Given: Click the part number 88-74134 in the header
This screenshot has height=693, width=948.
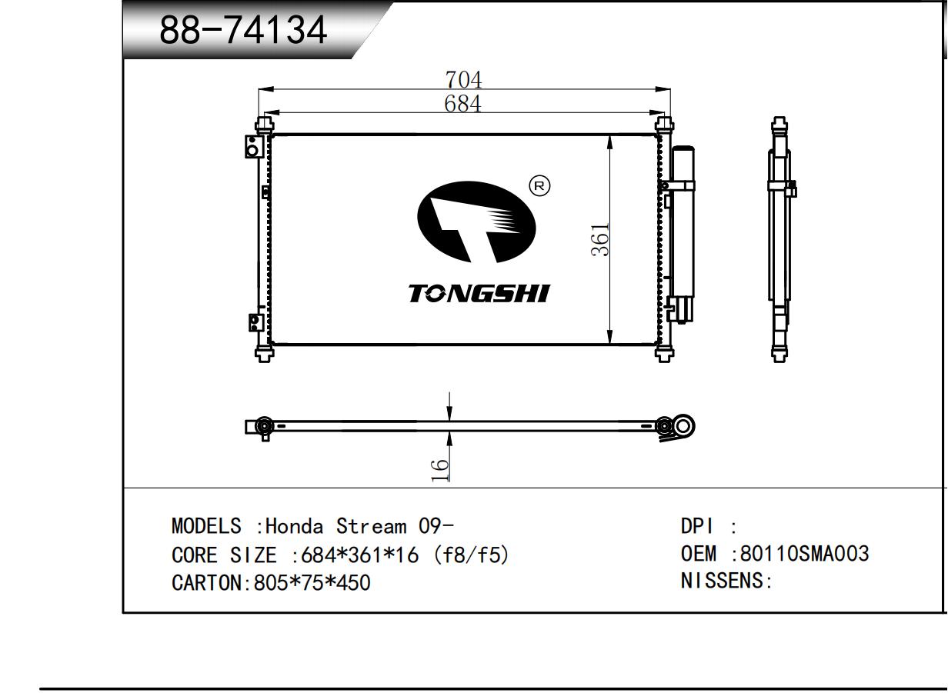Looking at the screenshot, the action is tap(243, 30).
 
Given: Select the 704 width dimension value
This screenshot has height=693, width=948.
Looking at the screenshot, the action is tap(463, 79).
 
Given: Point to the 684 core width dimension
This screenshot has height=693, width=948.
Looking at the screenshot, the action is tap(462, 103).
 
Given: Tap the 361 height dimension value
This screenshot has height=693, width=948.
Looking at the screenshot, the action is tap(599, 239).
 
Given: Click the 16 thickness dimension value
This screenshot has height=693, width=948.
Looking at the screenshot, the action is tap(439, 470).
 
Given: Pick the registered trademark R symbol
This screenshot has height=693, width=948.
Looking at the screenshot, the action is tap(539, 185).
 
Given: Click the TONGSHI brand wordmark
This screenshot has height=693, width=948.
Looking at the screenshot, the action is tap(479, 293).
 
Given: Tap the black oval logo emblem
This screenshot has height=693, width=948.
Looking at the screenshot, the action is tap(476, 222).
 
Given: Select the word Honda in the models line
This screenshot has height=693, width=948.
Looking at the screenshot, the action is tap(294, 527).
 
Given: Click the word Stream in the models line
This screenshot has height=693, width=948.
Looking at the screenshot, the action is tap(371, 527).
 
